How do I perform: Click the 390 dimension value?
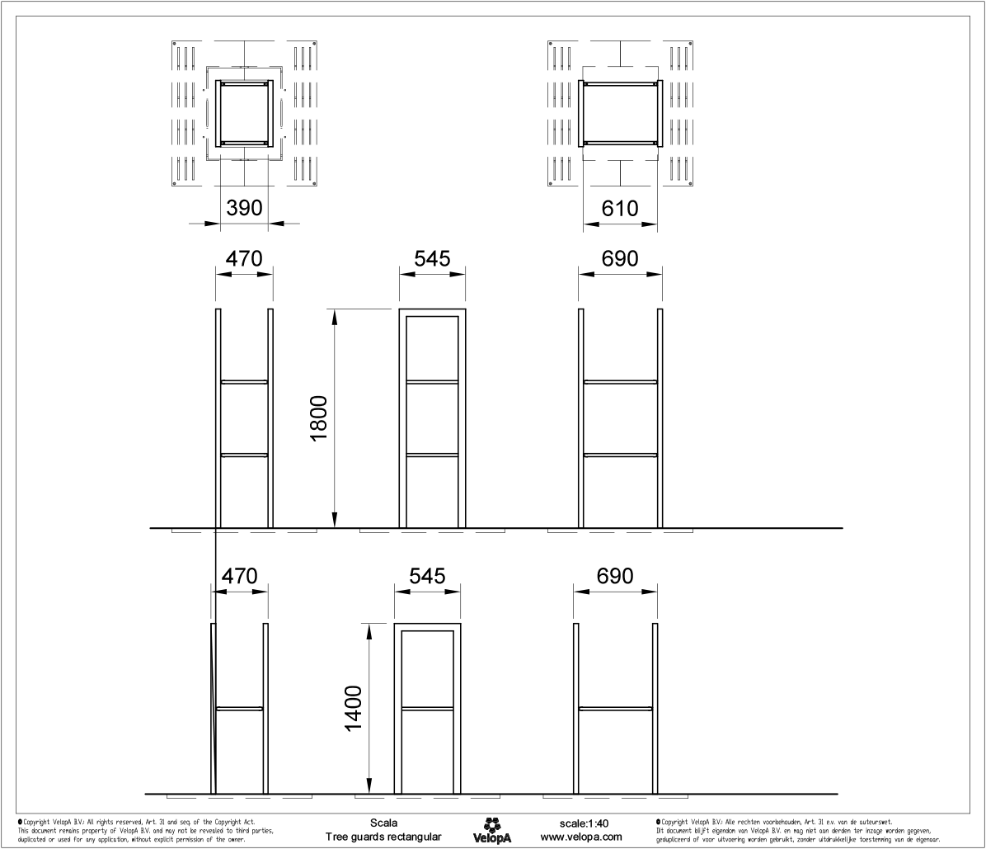pos(244,208)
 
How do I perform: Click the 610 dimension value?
pos(619,208)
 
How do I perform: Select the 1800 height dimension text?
pos(320,417)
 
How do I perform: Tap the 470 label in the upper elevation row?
pos(244,258)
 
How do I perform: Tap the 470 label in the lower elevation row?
pos(239,575)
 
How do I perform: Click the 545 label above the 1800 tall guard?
pos(432,258)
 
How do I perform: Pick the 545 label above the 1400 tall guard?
pos(427,575)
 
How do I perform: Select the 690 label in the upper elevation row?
pos(620,258)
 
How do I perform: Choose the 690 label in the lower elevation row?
pos(615,575)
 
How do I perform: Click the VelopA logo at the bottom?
pos(492,830)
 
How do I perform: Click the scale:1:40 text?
pos(584,823)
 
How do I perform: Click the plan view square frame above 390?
pos(244,113)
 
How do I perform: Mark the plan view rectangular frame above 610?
pos(619,113)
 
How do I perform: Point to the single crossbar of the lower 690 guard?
pos(616,708)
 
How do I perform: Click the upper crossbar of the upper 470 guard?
pos(244,381)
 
